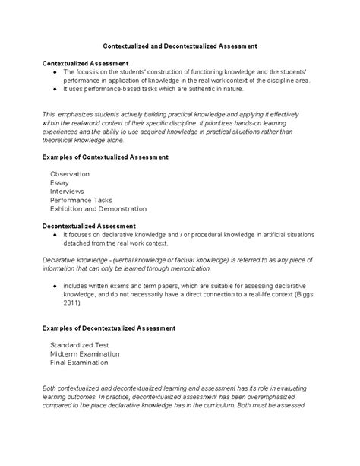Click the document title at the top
coord(179,46)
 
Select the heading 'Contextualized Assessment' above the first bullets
coord(84,63)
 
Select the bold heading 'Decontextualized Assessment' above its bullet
coord(89,226)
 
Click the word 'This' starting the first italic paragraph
coord(49,113)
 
